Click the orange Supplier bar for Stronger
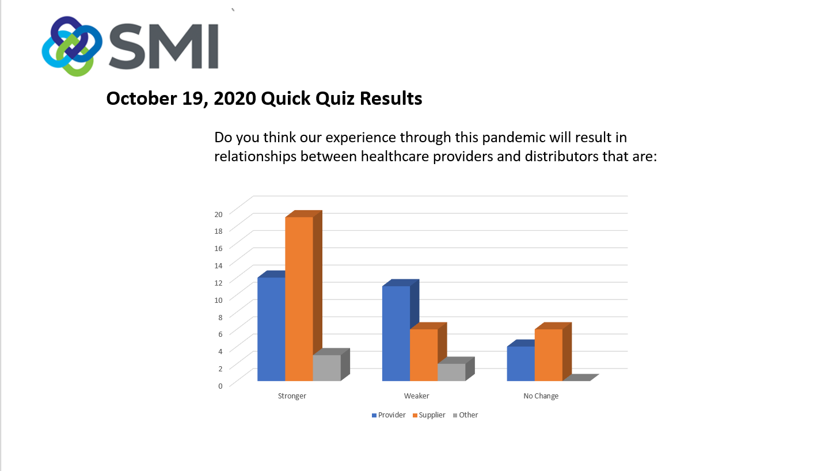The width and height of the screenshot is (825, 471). pos(299,299)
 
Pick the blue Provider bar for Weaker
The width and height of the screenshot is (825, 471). pos(396,333)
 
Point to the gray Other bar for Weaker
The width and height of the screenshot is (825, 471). pos(451,372)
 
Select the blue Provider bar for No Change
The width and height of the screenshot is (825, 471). pos(521,363)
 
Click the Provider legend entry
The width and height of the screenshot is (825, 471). pos(389,415)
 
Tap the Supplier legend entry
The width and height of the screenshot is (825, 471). pos(429,415)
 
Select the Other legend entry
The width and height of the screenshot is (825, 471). pos(466,415)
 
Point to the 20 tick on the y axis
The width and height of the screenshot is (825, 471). pos(218,214)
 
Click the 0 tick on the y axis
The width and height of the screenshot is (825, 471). pos(220,386)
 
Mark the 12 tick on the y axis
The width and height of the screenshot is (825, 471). pos(218,283)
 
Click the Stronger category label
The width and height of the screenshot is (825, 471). pos(292,396)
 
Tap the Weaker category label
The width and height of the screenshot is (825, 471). pos(417,396)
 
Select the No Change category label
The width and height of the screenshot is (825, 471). pos(541,396)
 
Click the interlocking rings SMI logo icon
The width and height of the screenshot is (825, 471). pos(72,47)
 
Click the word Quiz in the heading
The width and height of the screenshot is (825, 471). pos(335,98)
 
